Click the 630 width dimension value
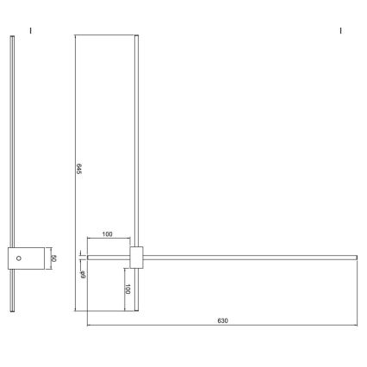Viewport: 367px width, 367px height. tap(221, 320)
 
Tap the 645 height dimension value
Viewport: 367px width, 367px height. tap(79, 170)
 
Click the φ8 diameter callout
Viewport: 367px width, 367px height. tap(83, 272)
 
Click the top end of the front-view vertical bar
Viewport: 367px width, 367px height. tap(136, 37)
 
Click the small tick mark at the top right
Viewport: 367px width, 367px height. tap(341, 31)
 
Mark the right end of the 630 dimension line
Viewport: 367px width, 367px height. tap(356, 327)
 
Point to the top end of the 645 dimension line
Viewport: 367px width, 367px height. tap(76, 36)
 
